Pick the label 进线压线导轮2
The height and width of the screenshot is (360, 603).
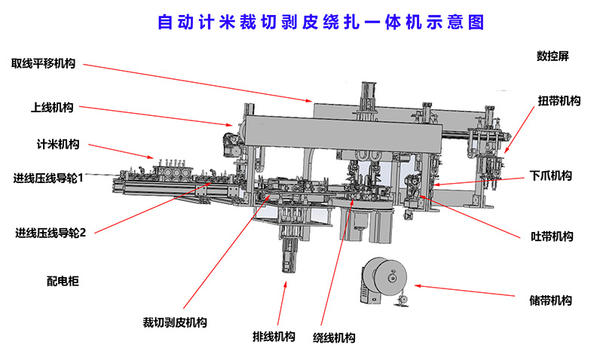point(51,232)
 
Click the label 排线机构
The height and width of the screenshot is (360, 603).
point(273,336)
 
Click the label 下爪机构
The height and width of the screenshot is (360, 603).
point(550,176)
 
